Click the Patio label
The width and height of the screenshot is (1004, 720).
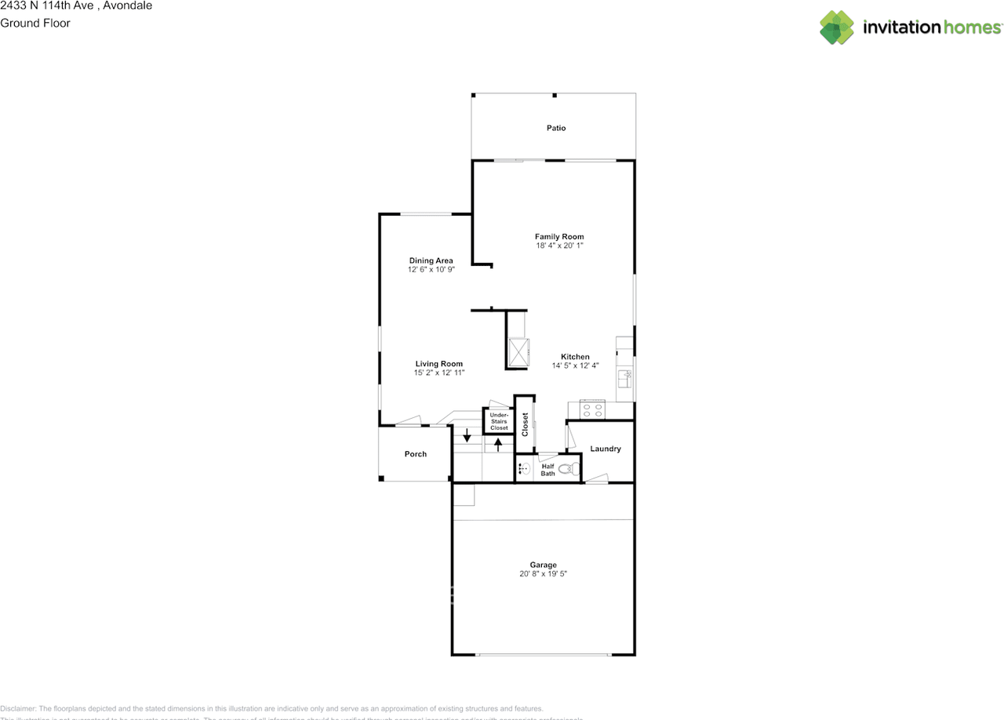pyautogui.click(x=556, y=128)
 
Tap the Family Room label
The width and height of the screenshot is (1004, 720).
pyautogui.click(x=559, y=237)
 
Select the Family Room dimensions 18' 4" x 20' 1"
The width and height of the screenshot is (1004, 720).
pyautogui.click(x=559, y=246)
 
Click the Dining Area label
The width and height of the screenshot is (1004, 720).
pyautogui.click(x=431, y=260)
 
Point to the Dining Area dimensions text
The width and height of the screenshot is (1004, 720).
pyautogui.click(x=431, y=270)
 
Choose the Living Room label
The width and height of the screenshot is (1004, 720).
pyautogui.click(x=439, y=364)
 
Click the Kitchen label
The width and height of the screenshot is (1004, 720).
pyautogui.click(x=575, y=357)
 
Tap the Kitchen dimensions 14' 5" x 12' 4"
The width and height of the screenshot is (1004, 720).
pyautogui.click(x=575, y=366)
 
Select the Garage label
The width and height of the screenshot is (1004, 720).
pyautogui.click(x=543, y=565)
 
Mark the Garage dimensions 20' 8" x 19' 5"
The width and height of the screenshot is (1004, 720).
pyautogui.click(x=543, y=574)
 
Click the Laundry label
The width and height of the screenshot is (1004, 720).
pyautogui.click(x=606, y=449)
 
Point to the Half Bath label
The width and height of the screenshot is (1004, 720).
pyautogui.click(x=547, y=470)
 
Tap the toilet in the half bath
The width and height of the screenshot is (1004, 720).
pyautogui.click(x=574, y=470)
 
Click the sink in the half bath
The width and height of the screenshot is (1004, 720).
pyautogui.click(x=523, y=469)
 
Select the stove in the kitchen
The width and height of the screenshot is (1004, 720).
pyautogui.click(x=592, y=409)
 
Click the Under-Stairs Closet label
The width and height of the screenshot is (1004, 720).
pyautogui.click(x=499, y=421)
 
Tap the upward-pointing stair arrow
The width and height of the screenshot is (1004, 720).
pyautogui.click(x=498, y=445)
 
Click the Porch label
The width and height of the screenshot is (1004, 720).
pyautogui.click(x=416, y=454)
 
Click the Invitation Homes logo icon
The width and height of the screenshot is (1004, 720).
pyautogui.click(x=837, y=27)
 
